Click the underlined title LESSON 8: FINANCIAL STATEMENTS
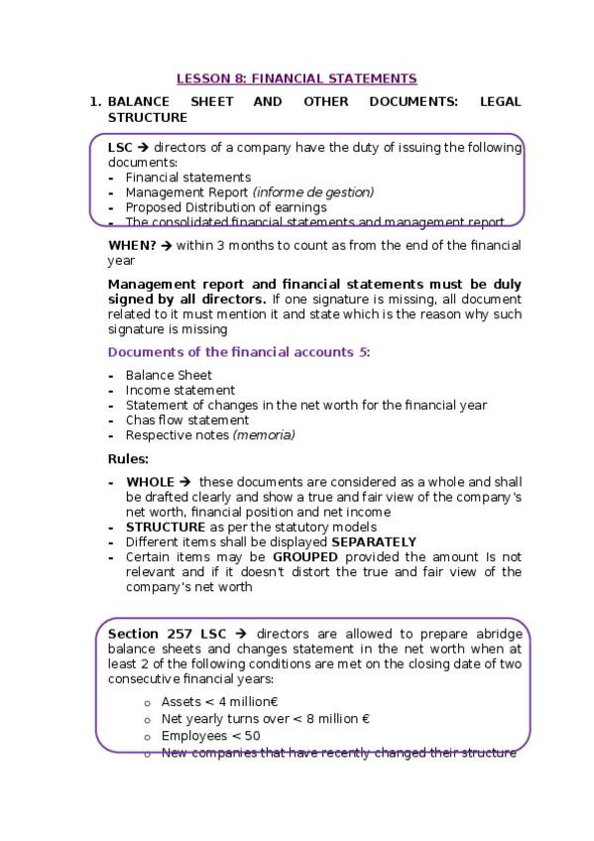(297, 78)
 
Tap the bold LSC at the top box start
(120, 147)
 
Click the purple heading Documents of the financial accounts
(234, 352)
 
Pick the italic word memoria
(264, 434)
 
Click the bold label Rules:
(128, 458)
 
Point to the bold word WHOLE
(151, 482)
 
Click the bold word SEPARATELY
(374, 541)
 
